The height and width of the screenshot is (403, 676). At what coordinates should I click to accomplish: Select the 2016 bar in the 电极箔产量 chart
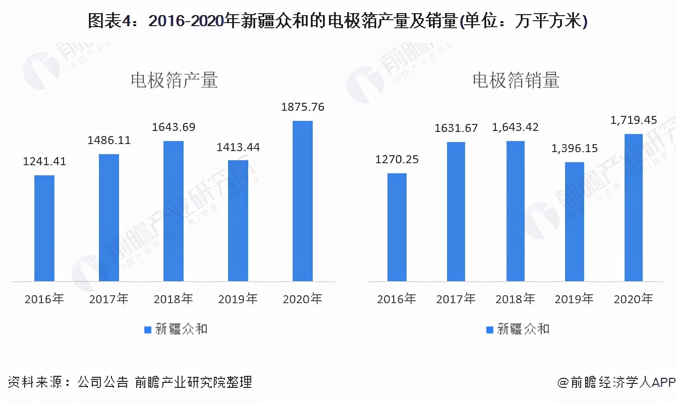coord(44,228)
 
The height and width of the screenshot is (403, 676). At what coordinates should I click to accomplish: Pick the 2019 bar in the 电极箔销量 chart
coord(575,221)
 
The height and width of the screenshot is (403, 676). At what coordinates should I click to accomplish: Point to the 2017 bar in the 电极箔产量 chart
coord(109,217)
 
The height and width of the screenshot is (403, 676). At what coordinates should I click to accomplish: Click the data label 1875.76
coord(303,107)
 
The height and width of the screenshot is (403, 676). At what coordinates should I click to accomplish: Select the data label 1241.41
coord(44,162)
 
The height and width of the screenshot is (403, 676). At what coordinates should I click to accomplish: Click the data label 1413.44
coord(238,147)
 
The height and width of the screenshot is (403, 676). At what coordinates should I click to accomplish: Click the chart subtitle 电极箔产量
coord(174,81)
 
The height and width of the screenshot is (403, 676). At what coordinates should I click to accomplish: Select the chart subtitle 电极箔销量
coord(516,81)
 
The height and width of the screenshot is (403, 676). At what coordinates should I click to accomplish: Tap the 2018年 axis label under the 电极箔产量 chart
coord(174,299)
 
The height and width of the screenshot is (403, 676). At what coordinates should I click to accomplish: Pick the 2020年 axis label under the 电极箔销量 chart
coord(633,299)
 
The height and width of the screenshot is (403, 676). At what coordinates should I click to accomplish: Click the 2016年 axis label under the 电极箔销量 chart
coord(397,299)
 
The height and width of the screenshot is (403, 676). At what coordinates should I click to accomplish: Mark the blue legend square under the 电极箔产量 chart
coord(148,329)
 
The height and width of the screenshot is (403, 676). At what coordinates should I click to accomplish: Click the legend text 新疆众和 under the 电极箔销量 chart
coord(523,329)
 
